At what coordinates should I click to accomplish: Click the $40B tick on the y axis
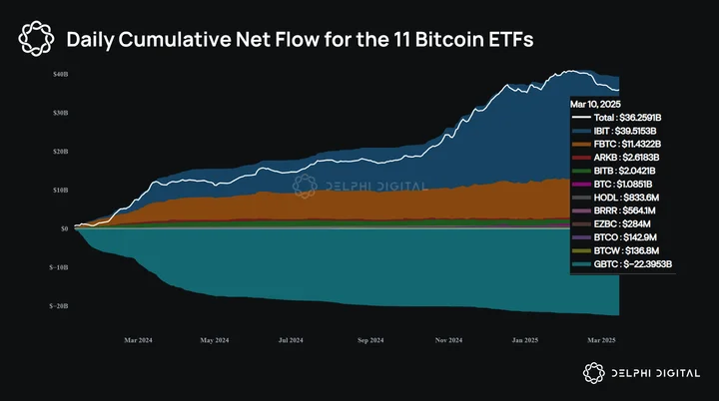coord(61,74)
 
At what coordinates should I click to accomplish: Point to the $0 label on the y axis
coord(64,228)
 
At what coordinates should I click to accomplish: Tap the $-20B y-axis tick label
coord(59,306)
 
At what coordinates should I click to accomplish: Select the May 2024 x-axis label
coord(215,340)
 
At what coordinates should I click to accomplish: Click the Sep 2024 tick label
coord(370,340)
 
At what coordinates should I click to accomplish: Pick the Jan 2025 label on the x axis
coord(525,340)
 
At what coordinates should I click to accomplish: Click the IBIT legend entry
coord(614,131)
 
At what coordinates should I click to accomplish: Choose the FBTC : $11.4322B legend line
coord(617,144)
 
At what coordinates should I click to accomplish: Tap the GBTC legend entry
coord(622,264)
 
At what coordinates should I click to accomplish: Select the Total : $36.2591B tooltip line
coord(617,118)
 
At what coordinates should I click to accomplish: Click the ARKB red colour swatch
coord(581,158)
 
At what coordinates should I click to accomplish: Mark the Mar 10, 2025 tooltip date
coord(595,104)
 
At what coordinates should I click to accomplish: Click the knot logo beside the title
coord(36,39)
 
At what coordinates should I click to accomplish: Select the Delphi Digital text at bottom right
coord(656,373)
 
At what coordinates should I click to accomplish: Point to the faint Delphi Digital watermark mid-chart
coord(360,187)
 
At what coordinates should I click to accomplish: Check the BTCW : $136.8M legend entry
coord(616,251)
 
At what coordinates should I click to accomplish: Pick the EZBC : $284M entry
coord(611,224)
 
